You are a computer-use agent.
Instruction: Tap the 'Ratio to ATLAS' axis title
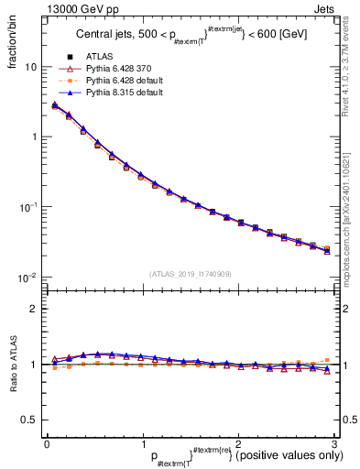[14, 364]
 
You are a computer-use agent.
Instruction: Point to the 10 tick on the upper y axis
[30, 67]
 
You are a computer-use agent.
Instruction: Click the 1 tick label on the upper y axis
[33, 136]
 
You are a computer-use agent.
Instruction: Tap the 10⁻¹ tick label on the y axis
[28, 207]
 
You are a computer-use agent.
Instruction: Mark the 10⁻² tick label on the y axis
[28, 278]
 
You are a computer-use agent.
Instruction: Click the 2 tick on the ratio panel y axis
[33, 309]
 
